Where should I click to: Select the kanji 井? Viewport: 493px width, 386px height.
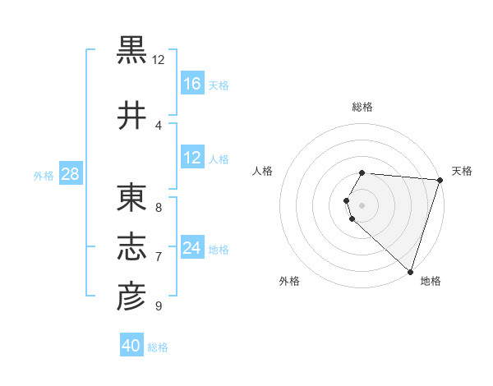tap(132, 116)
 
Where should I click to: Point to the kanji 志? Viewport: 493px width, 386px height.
tap(132, 247)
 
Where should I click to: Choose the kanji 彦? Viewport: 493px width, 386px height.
tap(132, 296)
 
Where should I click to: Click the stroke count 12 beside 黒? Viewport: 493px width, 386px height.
tap(158, 60)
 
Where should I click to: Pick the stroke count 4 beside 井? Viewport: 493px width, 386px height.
tap(158, 125)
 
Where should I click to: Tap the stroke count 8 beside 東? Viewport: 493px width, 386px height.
tap(158, 207)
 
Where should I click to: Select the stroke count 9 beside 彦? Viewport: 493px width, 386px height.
tap(158, 306)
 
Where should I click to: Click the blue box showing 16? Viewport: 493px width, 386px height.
tap(192, 83)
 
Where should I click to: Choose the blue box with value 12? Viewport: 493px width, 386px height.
tap(192, 158)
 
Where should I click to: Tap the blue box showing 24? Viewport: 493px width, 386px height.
tap(192, 248)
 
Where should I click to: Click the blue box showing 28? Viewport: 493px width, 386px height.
tap(69, 173)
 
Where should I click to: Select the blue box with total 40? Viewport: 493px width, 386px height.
tap(131, 346)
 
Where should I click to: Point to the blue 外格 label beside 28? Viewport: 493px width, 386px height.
tap(44, 175)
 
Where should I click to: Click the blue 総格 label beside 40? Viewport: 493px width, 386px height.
tap(158, 347)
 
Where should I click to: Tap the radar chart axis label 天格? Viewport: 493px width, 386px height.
tap(462, 171)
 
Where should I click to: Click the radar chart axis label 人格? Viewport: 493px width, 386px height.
tap(263, 171)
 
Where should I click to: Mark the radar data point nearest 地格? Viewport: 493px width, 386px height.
tap(410, 272)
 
